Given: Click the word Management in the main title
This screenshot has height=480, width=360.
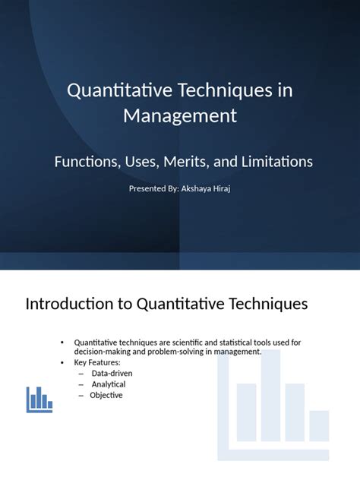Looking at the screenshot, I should point(180,116).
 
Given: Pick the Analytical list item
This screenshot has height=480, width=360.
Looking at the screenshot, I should point(109,384).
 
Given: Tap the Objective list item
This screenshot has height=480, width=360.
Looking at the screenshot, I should point(106,395).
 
